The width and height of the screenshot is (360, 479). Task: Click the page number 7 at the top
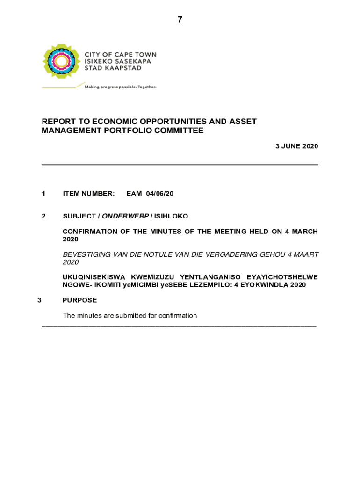(180, 20)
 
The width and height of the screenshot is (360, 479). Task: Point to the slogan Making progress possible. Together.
(120, 87)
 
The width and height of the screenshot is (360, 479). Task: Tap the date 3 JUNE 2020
(296, 146)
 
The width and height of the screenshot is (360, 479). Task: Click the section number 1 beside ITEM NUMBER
(43, 193)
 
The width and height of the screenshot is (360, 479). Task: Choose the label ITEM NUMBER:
(88, 193)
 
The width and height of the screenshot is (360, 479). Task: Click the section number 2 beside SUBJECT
(43, 216)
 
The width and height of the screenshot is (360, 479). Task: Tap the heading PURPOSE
(79, 300)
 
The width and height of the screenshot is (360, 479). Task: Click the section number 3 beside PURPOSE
(40, 300)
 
